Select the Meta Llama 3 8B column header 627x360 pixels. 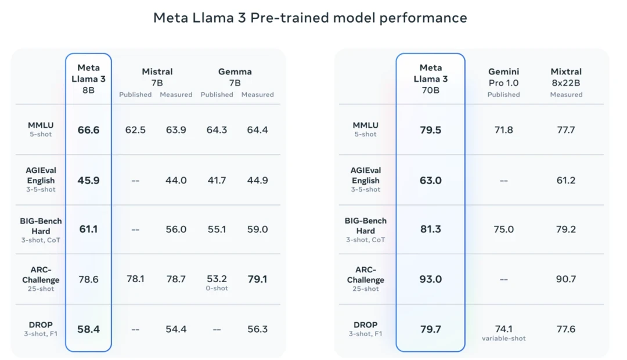pyautogui.click(x=88, y=79)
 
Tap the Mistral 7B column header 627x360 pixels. pyautogui.click(x=157, y=77)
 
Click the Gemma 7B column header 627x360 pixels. pyautogui.click(x=235, y=77)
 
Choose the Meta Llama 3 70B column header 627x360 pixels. pyautogui.click(x=430, y=79)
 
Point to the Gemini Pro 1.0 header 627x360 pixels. pyautogui.click(x=503, y=77)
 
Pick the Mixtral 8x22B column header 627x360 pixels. pyautogui.click(x=566, y=77)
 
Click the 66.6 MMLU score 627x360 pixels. pyautogui.click(x=88, y=130)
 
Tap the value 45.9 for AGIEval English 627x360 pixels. pyautogui.click(x=88, y=181)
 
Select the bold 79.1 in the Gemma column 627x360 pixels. pyautogui.click(x=257, y=279)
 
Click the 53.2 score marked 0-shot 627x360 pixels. pyautogui.click(x=217, y=279)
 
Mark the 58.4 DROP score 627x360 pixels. pyautogui.click(x=88, y=329)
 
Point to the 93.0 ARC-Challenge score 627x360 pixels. pyautogui.click(x=430, y=279)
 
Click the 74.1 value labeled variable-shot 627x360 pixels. pyautogui.click(x=503, y=329)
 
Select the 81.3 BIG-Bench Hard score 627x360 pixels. pyautogui.click(x=430, y=229)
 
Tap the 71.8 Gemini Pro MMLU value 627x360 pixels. pyautogui.click(x=503, y=130)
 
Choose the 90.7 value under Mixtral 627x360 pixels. pyautogui.click(x=566, y=279)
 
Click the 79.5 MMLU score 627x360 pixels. pyautogui.click(x=430, y=130)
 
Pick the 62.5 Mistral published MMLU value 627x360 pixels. pyautogui.click(x=135, y=130)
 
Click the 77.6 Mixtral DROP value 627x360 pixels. pyautogui.click(x=566, y=329)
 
